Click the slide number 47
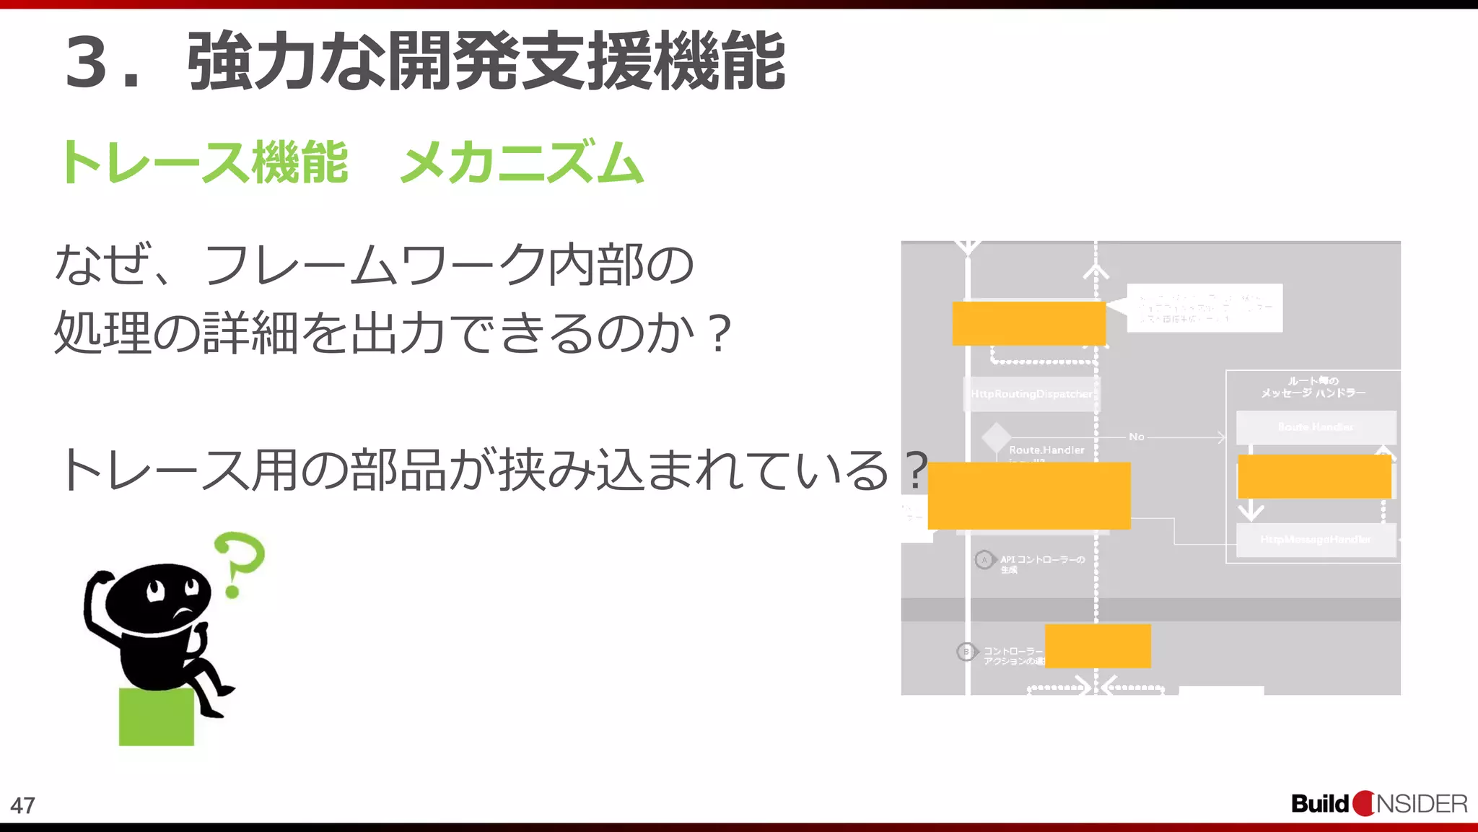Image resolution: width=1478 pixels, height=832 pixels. coord(22,805)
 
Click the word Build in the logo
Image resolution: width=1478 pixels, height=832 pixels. coord(1319,804)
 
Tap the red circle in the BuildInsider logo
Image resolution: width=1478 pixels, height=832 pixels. coord(1363,804)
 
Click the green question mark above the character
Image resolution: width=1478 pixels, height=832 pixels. coord(240,564)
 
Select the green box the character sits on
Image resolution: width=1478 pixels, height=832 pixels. coord(157,717)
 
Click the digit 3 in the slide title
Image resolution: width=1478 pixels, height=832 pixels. coord(87,62)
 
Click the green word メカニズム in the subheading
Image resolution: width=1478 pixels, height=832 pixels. coord(521,163)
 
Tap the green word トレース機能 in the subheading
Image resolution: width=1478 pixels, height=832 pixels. coord(204,163)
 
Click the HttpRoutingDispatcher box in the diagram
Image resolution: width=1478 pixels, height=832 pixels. coord(1031,394)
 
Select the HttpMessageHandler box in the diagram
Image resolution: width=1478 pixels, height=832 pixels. coord(1316,540)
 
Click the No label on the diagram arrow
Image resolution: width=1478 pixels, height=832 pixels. coord(1136,437)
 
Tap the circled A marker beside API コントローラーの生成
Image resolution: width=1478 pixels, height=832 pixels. coord(984,560)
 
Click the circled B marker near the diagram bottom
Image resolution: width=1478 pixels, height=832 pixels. coord(966,652)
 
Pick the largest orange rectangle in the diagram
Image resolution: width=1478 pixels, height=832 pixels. coord(1029,496)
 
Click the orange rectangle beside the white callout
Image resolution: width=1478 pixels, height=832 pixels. coord(1028,323)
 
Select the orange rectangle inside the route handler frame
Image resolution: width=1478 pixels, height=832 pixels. coord(1314,476)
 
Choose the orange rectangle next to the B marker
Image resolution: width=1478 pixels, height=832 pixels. coord(1098,646)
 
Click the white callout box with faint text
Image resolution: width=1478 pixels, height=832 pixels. coord(1204,308)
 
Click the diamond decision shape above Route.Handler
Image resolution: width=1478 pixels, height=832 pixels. coord(996,437)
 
